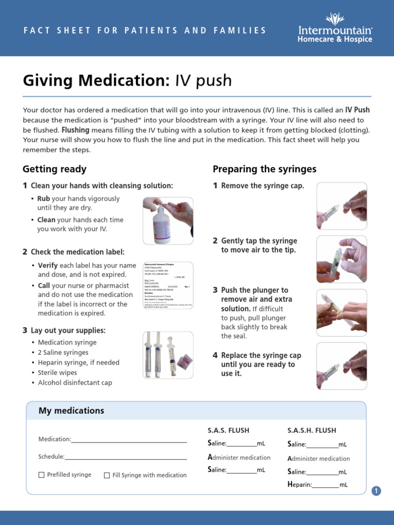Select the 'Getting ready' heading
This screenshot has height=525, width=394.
pyautogui.click(x=54, y=169)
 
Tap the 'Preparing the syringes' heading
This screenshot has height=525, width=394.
pyautogui.click(x=264, y=169)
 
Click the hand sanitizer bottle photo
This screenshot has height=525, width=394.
pyautogui.click(x=168, y=220)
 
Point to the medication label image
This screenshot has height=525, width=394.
pyautogui.click(x=168, y=285)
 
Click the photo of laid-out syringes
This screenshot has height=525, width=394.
pyautogui.click(x=168, y=355)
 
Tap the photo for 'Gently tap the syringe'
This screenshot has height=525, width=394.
pyautogui.click(x=342, y=260)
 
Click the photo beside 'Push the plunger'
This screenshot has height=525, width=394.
pyautogui.click(x=342, y=313)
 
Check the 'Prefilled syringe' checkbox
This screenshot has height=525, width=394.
pyautogui.click(x=42, y=475)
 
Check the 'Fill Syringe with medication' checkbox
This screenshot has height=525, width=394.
pyautogui.click(x=107, y=475)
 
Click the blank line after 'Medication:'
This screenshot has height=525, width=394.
pyautogui.click(x=129, y=440)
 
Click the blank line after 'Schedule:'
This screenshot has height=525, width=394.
pyautogui.click(x=125, y=457)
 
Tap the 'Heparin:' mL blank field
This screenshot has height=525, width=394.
pyautogui.click(x=325, y=485)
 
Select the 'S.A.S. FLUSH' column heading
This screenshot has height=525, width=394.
pyautogui.click(x=228, y=430)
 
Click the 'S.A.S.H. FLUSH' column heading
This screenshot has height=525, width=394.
pyautogui.click(x=311, y=430)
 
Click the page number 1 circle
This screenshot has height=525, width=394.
pyautogui.click(x=377, y=491)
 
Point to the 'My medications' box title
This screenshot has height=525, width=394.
pyautogui.click(x=71, y=411)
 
